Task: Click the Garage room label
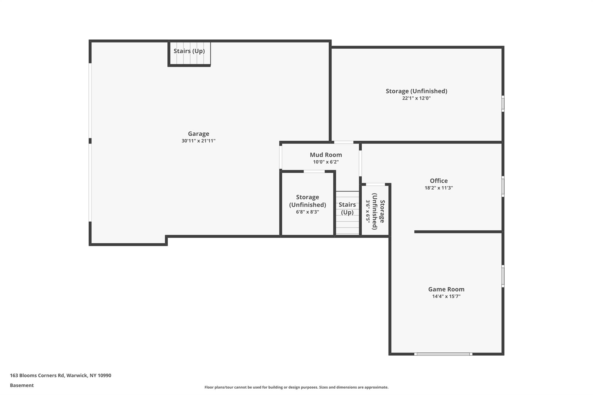coord(198,134)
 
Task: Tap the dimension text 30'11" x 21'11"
coord(198,141)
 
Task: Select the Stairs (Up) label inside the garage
coord(189,51)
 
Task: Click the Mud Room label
coord(326,155)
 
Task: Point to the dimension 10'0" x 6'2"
coord(326,162)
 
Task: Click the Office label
coord(439,181)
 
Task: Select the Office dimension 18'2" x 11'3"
coord(439,188)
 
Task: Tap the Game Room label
coord(446,289)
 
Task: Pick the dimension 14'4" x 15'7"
coord(446,296)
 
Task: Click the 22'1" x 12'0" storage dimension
coord(416,98)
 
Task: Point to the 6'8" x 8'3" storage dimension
coord(307,212)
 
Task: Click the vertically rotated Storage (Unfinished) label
coord(378,211)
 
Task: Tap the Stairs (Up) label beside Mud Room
coord(347,208)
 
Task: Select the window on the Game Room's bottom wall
coord(443,354)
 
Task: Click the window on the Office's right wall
coord(503,187)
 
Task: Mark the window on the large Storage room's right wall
coord(503,104)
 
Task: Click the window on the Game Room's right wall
coord(503,276)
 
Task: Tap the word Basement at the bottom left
coord(22,385)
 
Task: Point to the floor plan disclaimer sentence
coord(296,387)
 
